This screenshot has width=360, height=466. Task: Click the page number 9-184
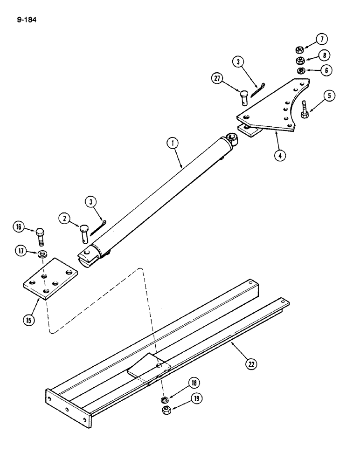coord(26,20)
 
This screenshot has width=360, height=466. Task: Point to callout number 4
coord(279,156)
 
